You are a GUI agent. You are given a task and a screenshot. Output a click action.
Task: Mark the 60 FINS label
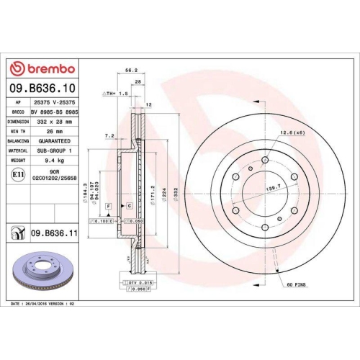[x=296, y=286]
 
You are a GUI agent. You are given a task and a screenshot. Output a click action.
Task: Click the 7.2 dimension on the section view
[x=109, y=135]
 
